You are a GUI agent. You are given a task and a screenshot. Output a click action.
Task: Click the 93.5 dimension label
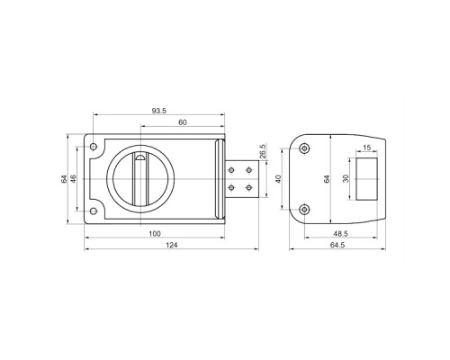158,111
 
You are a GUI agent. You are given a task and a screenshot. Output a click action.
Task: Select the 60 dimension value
183,122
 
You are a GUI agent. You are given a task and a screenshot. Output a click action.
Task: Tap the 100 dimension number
155,233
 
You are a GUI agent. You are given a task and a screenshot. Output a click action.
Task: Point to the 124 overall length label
172,245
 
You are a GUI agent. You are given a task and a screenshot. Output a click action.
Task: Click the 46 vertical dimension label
73,178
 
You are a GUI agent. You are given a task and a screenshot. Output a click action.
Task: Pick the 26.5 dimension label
262,151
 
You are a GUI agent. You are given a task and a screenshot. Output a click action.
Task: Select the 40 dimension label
278,179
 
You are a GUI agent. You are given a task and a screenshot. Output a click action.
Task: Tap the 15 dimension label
366,148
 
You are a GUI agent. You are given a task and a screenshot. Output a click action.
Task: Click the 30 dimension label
346,179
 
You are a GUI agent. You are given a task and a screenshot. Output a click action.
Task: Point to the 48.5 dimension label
340,233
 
